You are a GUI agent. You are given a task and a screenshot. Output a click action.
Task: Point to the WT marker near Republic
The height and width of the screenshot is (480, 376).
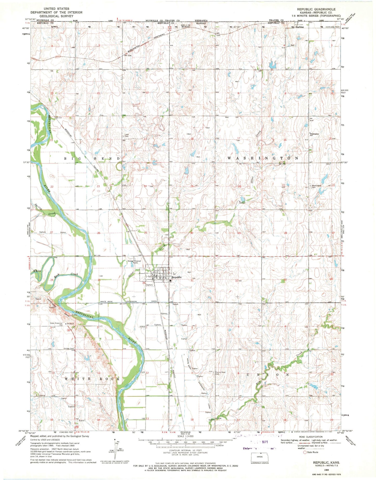(x=175, y=274)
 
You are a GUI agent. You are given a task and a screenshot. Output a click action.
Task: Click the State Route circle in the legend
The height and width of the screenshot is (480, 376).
(x=305, y=459)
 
